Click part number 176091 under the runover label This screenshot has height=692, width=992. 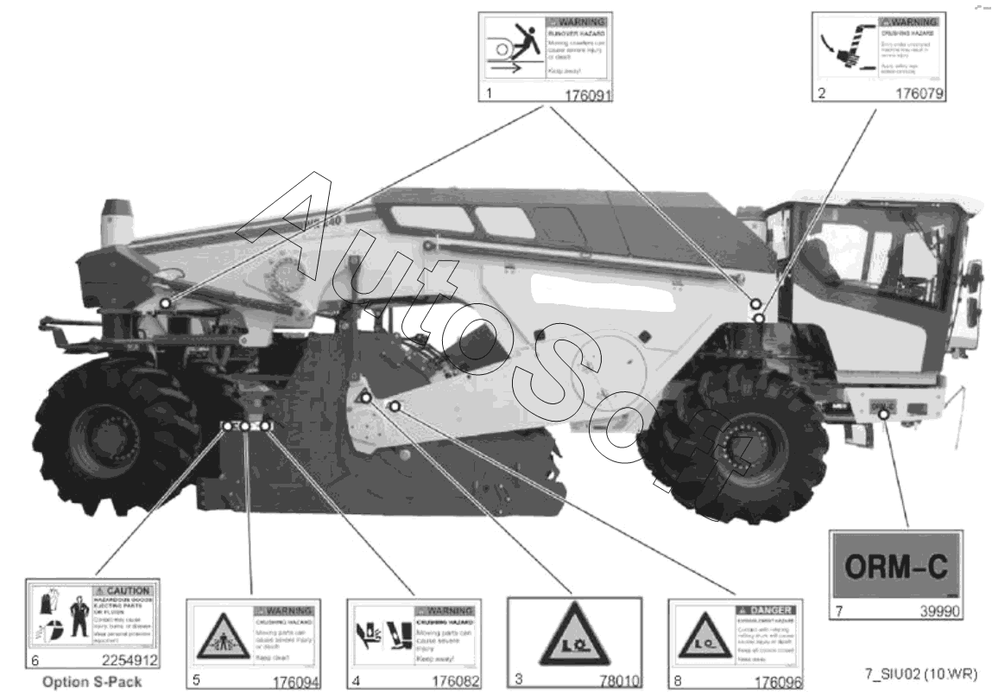click(587, 95)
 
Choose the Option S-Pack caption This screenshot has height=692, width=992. click(92, 682)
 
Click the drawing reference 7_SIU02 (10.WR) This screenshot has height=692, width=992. click(922, 673)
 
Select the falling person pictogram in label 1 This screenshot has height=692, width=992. click(515, 46)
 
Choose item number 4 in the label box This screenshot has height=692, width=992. click(355, 680)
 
